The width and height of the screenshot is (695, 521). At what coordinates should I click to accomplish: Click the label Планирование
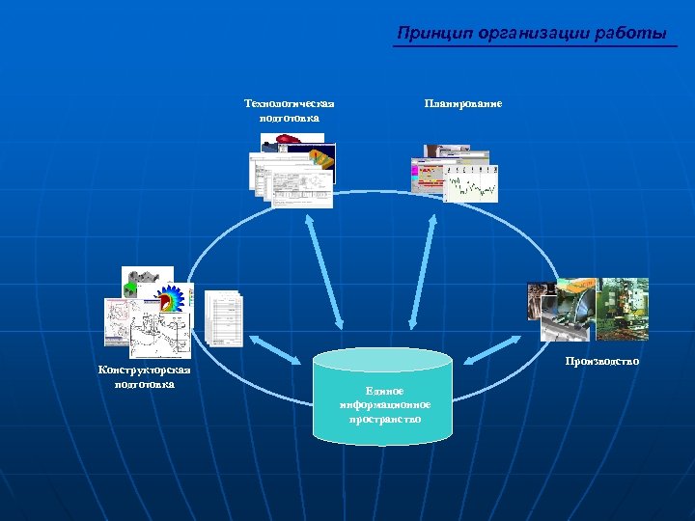click(x=462, y=103)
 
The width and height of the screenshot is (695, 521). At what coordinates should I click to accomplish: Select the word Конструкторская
click(x=144, y=370)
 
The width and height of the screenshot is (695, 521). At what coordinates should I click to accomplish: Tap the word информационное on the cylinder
click(x=384, y=405)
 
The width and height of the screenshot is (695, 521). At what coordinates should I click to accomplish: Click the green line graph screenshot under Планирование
click(x=471, y=182)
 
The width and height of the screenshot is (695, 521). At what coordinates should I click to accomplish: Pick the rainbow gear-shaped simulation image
click(x=172, y=301)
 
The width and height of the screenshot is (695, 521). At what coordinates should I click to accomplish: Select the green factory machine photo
click(x=623, y=309)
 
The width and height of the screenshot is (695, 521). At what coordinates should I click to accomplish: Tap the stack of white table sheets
click(x=224, y=318)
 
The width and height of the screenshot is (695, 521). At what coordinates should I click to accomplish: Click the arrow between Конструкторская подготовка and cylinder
click(x=276, y=346)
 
